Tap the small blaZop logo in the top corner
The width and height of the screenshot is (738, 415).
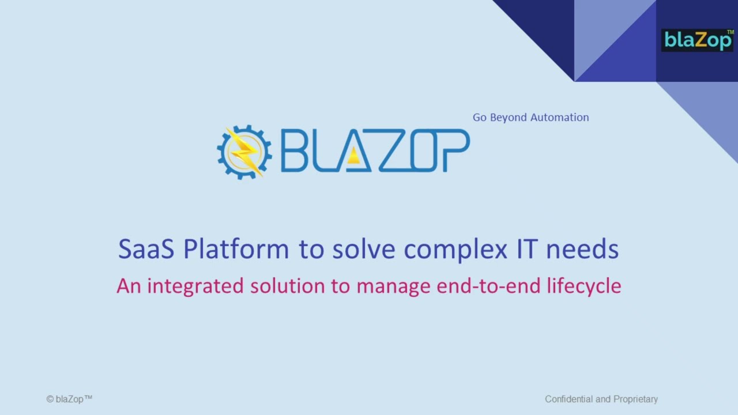point(697,40)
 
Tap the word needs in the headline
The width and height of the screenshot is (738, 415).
point(582,249)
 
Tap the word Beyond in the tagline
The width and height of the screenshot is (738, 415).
point(508,118)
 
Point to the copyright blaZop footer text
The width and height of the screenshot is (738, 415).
point(69,399)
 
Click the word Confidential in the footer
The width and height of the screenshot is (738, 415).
point(569,399)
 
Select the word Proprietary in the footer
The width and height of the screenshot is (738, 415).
point(635,399)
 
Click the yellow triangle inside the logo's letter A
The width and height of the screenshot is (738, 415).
point(353,157)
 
